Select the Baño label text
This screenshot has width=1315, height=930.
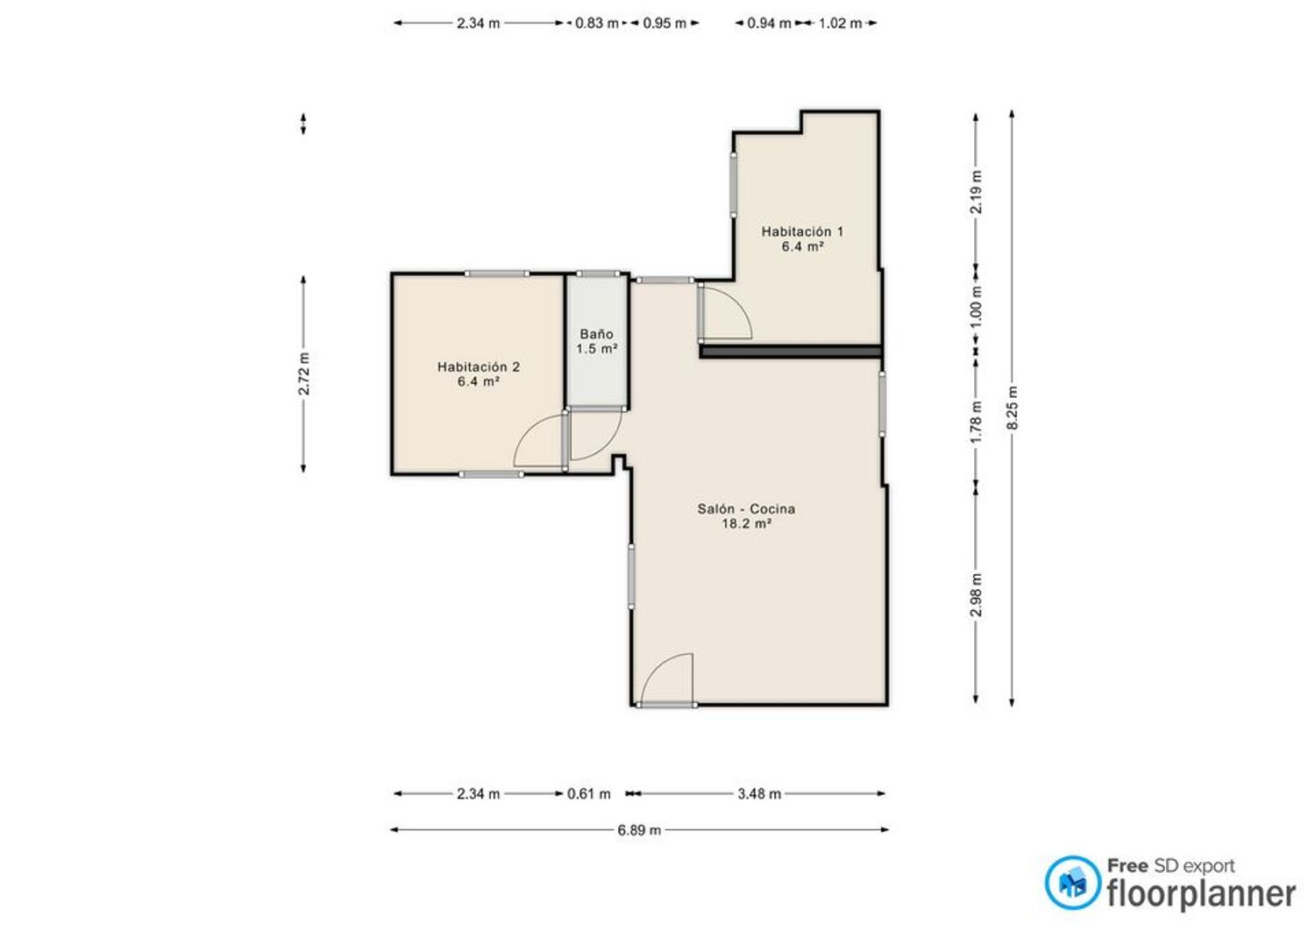596,334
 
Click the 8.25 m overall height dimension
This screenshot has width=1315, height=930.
1013,408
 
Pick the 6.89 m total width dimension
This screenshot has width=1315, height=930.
639,830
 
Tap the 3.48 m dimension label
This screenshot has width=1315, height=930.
760,794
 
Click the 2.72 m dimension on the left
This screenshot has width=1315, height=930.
304,373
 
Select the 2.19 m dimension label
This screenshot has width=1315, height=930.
977,192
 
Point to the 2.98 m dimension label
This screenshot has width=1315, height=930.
977,595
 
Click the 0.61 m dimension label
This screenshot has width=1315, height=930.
589,794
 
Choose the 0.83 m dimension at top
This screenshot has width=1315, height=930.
597,24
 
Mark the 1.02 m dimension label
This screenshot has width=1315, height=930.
841,24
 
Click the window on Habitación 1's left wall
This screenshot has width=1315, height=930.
734,186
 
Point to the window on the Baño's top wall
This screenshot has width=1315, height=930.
598,273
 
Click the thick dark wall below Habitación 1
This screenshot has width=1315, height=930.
791,351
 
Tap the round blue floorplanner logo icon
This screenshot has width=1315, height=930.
1073,883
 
